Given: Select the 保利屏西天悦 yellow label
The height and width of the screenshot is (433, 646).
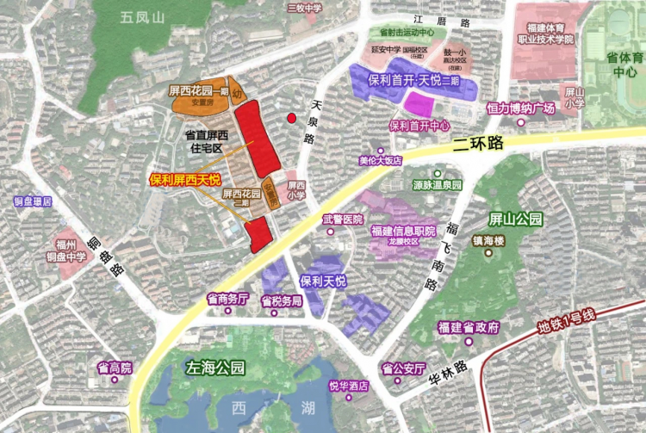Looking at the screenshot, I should click(185, 180).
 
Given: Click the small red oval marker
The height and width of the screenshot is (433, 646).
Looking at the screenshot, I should click(291, 119).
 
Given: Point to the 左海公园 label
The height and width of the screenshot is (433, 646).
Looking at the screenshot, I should click(215, 368).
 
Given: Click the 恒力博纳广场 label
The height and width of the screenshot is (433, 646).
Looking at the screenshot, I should click(519, 108).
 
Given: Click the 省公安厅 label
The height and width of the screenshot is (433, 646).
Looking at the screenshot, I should click(405, 368).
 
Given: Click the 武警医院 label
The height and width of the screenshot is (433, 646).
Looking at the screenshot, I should click(343, 220).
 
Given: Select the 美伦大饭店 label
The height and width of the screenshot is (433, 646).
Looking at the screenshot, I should click(381, 160).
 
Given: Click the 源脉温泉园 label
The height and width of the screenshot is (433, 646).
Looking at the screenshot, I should click(437, 185).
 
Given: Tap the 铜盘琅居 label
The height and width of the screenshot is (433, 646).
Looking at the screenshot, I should click(33, 201).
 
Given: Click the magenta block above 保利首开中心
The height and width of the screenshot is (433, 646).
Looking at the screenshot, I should click(419, 103).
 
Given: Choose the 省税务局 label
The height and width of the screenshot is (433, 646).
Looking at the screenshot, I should click(281, 300).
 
